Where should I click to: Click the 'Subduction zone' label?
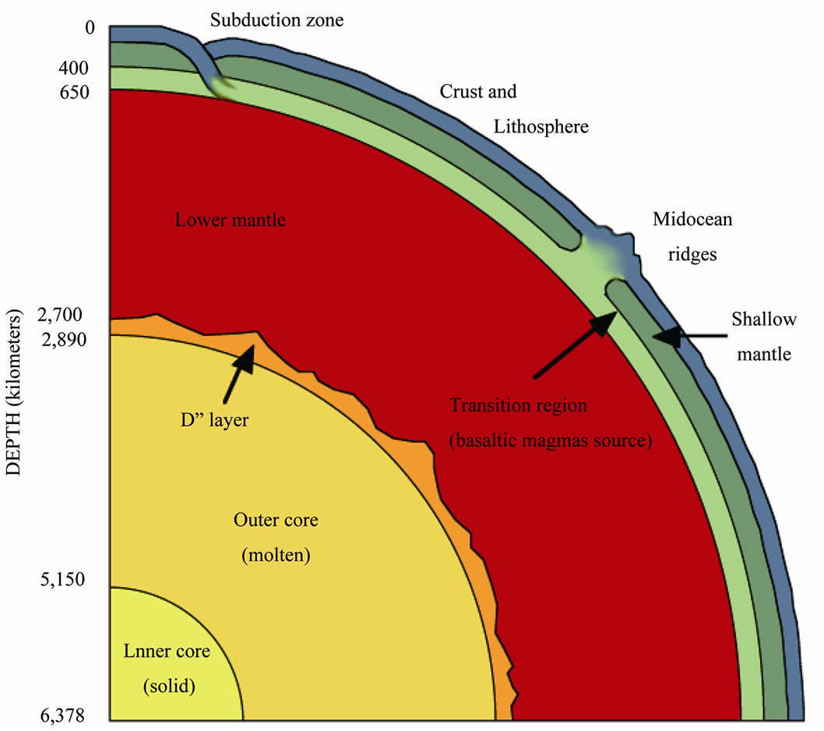[277, 20]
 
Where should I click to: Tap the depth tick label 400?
[73, 68]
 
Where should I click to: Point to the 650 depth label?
[74, 92]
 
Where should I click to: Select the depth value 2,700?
[60, 315]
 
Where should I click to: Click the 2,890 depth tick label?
[64, 340]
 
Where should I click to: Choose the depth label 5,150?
[62, 580]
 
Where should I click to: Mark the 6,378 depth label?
[62, 715]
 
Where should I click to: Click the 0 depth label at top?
[90, 26]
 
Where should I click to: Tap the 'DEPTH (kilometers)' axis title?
[14, 392]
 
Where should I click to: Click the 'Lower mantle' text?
[231, 220]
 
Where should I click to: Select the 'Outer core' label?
[276, 520]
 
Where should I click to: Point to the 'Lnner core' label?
[167, 651]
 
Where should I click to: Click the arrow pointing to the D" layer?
[239, 374]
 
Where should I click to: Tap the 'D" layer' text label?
[214, 420]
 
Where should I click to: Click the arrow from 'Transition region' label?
[576, 344]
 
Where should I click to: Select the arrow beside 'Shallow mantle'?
[690, 336]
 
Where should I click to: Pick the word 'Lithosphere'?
[541, 127]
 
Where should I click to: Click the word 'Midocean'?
[692, 219]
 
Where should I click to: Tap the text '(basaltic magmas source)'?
[551, 440]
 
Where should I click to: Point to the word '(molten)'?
[276, 556]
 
